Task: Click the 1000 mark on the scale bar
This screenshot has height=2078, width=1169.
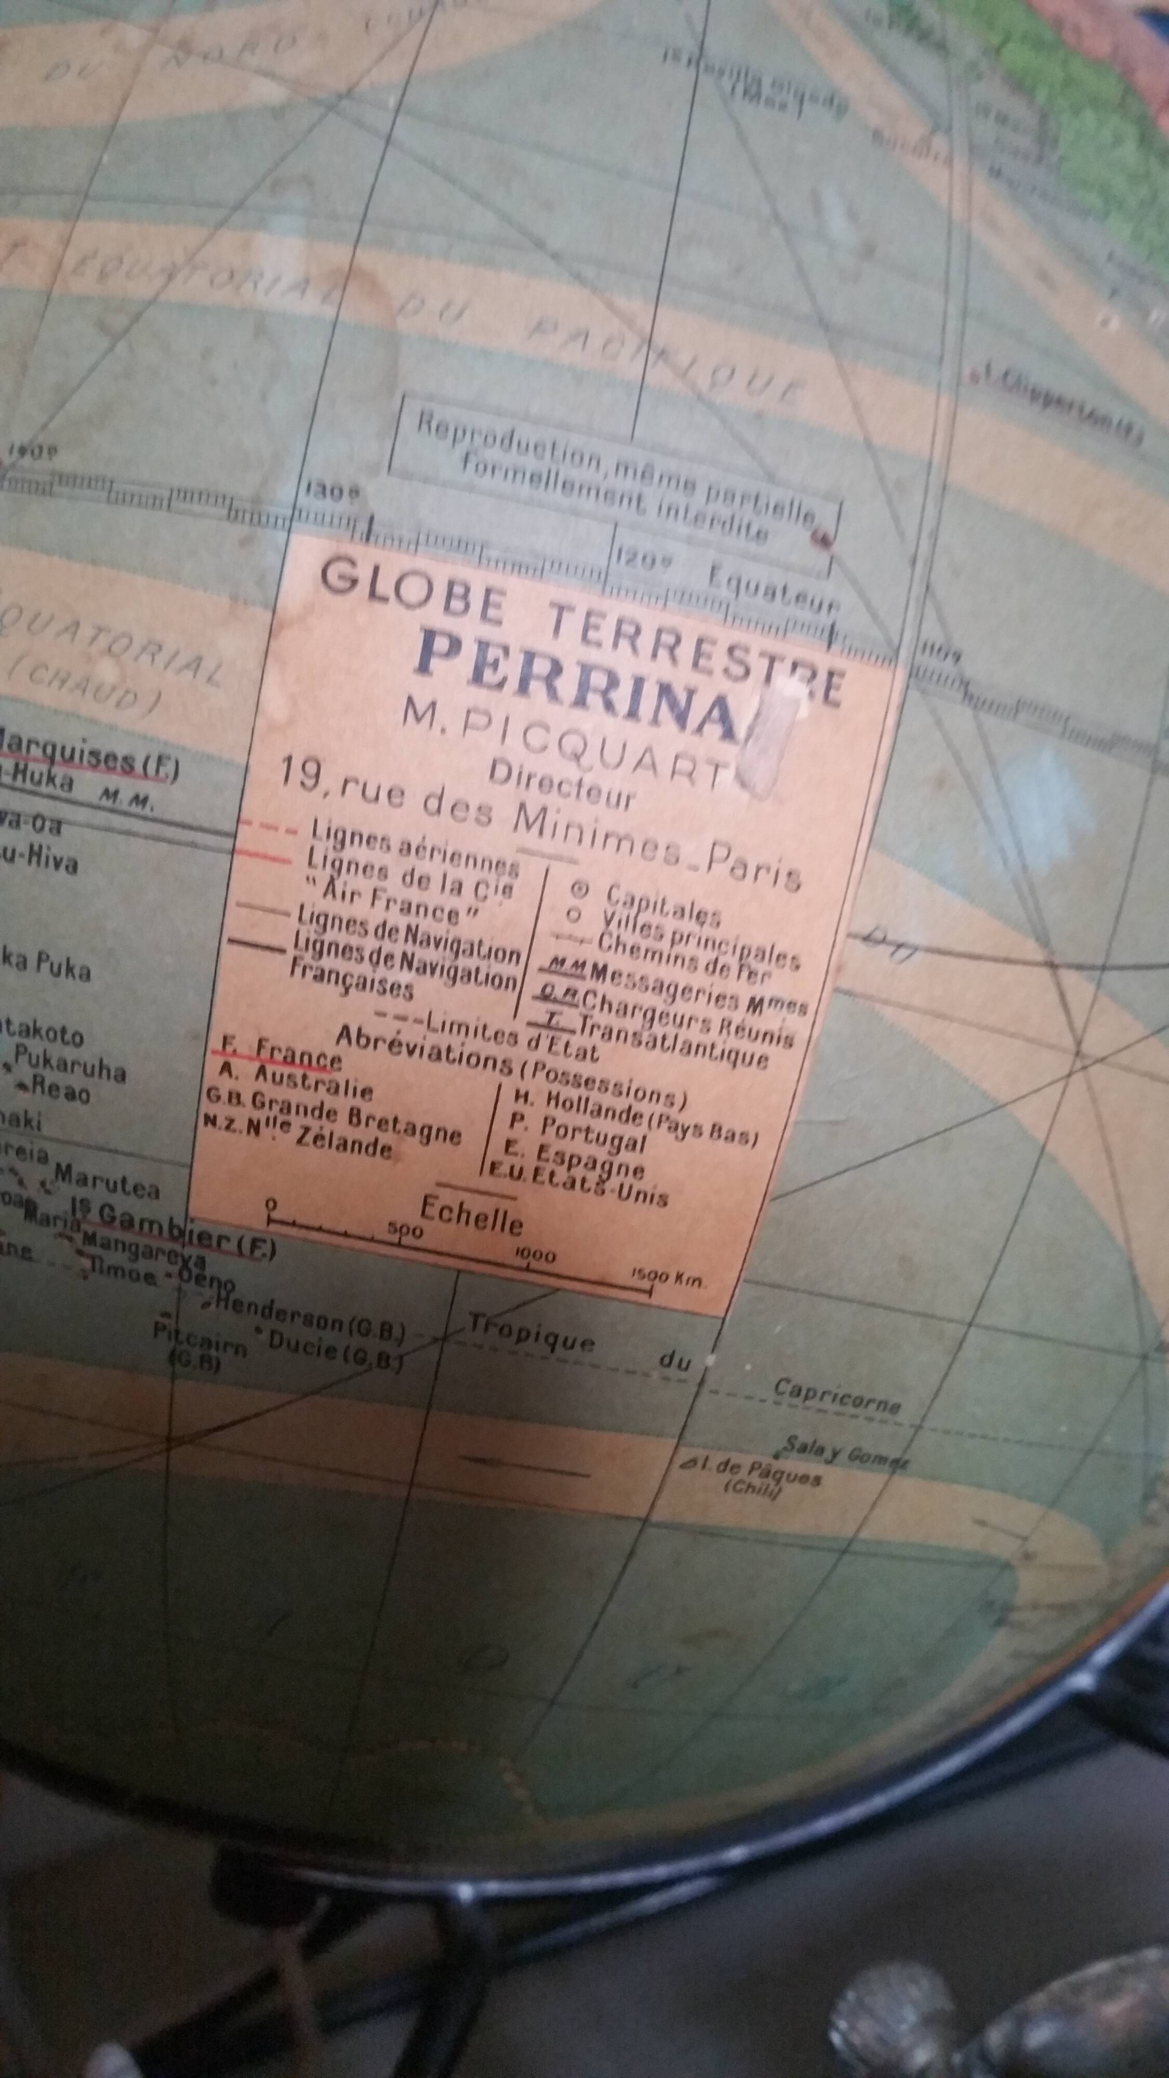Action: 533,1256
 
